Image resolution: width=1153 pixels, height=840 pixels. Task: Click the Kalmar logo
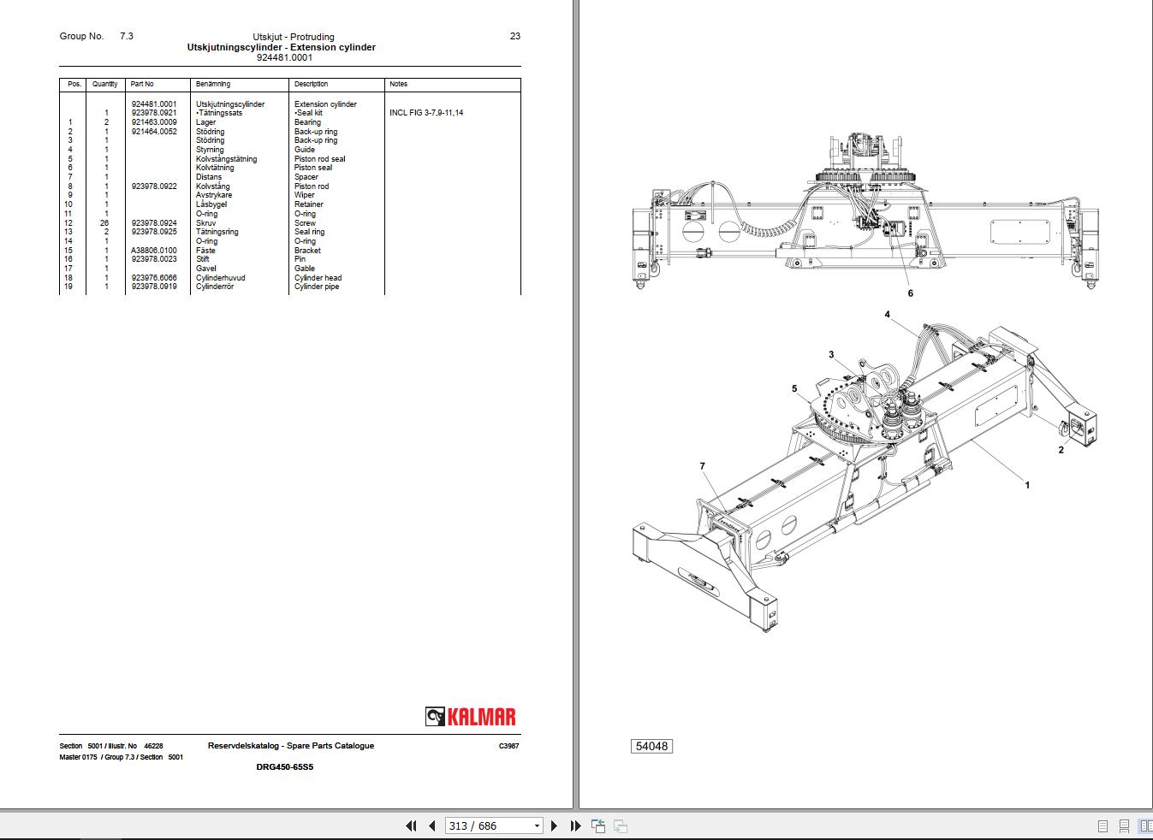[x=471, y=717]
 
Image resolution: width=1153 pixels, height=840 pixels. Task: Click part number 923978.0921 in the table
[x=154, y=113]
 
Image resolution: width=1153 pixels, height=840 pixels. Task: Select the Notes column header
[x=398, y=84]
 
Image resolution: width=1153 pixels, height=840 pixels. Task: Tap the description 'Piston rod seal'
[x=319, y=159]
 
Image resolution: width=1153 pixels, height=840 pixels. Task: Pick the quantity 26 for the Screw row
[x=104, y=223]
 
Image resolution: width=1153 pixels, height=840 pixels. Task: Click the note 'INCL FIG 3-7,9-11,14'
[x=425, y=113]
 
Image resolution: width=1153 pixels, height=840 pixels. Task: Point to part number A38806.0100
[x=154, y=251]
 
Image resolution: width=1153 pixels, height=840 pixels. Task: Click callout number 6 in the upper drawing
[x=910, y=293]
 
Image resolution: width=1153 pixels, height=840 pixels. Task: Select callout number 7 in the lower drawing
[x=702, y=466]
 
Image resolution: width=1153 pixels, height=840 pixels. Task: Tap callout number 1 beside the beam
[x=1027, y=485]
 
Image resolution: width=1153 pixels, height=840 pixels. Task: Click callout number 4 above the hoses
[x=888, y=315]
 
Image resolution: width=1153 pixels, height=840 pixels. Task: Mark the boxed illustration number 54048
[x=651, y=746]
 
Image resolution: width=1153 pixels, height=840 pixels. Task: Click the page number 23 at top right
[x=514, y=36]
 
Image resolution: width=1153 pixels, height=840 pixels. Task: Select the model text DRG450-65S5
[x=284, y=767]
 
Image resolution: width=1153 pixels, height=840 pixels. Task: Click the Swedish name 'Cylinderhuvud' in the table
[x=220, y=278]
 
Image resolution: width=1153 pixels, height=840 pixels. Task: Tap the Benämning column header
[x=213, y=84]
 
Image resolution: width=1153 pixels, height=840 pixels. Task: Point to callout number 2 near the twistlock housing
[x=1061, y=450]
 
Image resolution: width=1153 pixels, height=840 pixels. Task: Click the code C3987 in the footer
[x=508, y=746]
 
